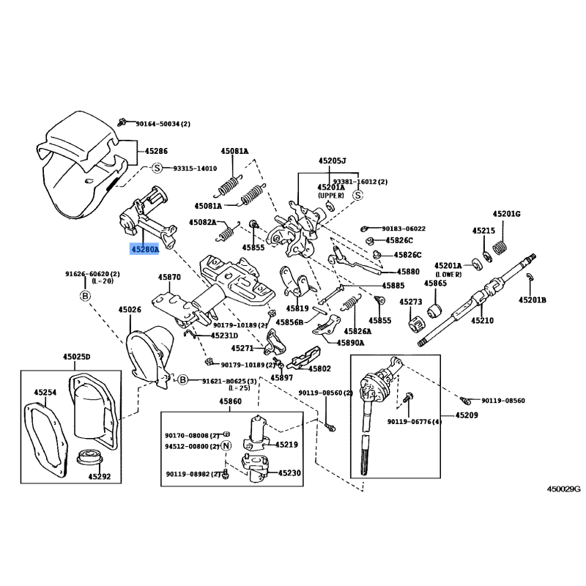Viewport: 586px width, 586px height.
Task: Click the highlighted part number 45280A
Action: [x=144, y=249]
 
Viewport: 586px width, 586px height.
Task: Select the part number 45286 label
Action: [x=156, y=151]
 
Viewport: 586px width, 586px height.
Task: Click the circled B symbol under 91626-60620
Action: [x=85, y=295]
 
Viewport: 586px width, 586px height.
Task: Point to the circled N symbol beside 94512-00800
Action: [x=226, y=445]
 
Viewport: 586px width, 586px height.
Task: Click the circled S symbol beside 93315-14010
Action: [x=157, y=168]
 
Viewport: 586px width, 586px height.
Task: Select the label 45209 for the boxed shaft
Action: [x=467, y=415]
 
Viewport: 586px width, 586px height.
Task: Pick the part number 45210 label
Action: [x=483, y=320]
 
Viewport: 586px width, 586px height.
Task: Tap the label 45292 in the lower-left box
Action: [x=100, y=475]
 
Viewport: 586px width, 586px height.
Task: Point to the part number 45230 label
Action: [x=289, y=473]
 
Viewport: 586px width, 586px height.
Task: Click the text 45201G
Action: [x=506, y=213]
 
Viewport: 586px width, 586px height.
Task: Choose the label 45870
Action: [x=169, y=278]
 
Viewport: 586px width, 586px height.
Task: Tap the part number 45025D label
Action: [x=76, y=357]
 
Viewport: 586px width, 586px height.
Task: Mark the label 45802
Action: [x=320, y=369]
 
